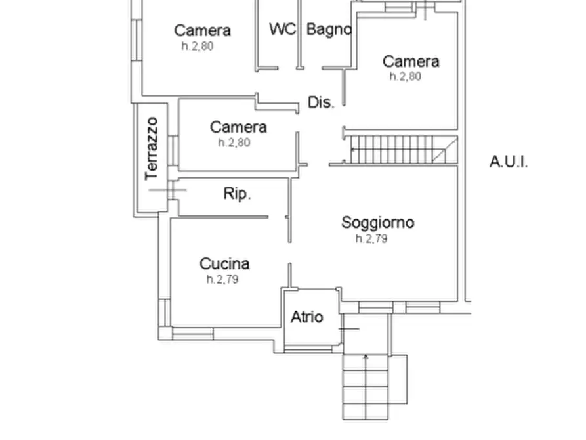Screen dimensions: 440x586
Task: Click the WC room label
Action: (282, 30)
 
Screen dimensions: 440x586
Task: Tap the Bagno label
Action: (329, 30)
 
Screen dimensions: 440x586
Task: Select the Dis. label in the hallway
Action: (322, 102)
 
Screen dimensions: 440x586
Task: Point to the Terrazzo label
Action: (153, 148)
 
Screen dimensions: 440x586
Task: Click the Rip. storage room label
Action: (238, 194)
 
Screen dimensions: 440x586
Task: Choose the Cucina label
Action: (224, 264)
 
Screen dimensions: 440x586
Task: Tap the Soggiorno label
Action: (378, 223)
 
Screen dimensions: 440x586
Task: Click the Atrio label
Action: (307, 317)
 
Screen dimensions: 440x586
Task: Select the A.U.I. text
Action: (509, 162)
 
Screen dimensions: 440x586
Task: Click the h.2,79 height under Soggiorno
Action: (371, 239)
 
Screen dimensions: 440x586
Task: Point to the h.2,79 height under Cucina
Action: (222, 280)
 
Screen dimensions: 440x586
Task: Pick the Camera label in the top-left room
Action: (202, 30)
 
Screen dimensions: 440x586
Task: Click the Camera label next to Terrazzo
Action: (238, 127)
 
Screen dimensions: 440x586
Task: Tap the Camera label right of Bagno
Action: (411, 62)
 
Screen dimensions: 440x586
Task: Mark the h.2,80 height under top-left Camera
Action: (198, 47)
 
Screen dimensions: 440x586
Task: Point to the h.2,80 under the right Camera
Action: (405, 77)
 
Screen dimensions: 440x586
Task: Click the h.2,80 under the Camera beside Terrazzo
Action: (234, 143)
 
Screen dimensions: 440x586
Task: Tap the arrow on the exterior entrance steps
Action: (366, 358)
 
